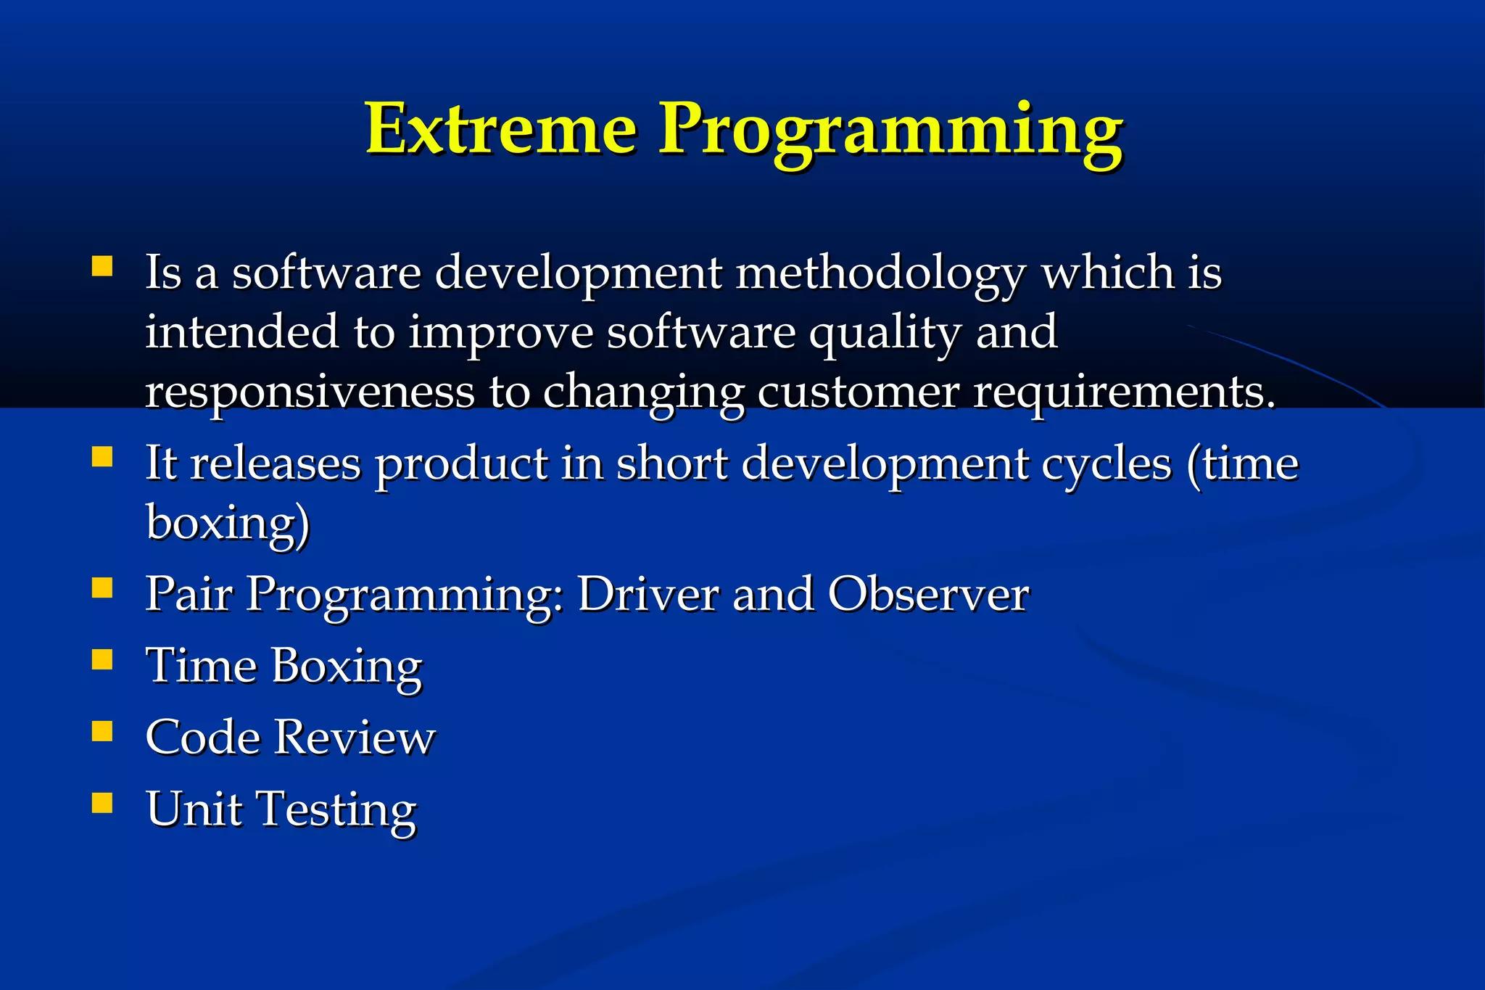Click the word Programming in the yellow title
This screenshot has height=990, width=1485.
click(x=890, y=133)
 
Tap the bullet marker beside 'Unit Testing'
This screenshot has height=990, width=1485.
click(x=102, y=803)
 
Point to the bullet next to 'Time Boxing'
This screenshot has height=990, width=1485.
click(x=102, y=659)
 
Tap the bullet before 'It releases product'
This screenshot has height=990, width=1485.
click(x=102, y=458)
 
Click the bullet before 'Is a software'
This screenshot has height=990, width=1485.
click(x=102, y=266)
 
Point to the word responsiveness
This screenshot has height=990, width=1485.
click(x=310, y=393)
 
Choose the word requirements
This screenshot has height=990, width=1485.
click(x=1124, y=393)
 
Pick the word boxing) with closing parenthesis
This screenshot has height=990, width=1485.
click(x=228, y=524)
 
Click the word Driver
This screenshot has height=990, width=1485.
click(x=648, y=595)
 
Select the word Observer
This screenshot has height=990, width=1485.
click(x=928, y=595)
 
